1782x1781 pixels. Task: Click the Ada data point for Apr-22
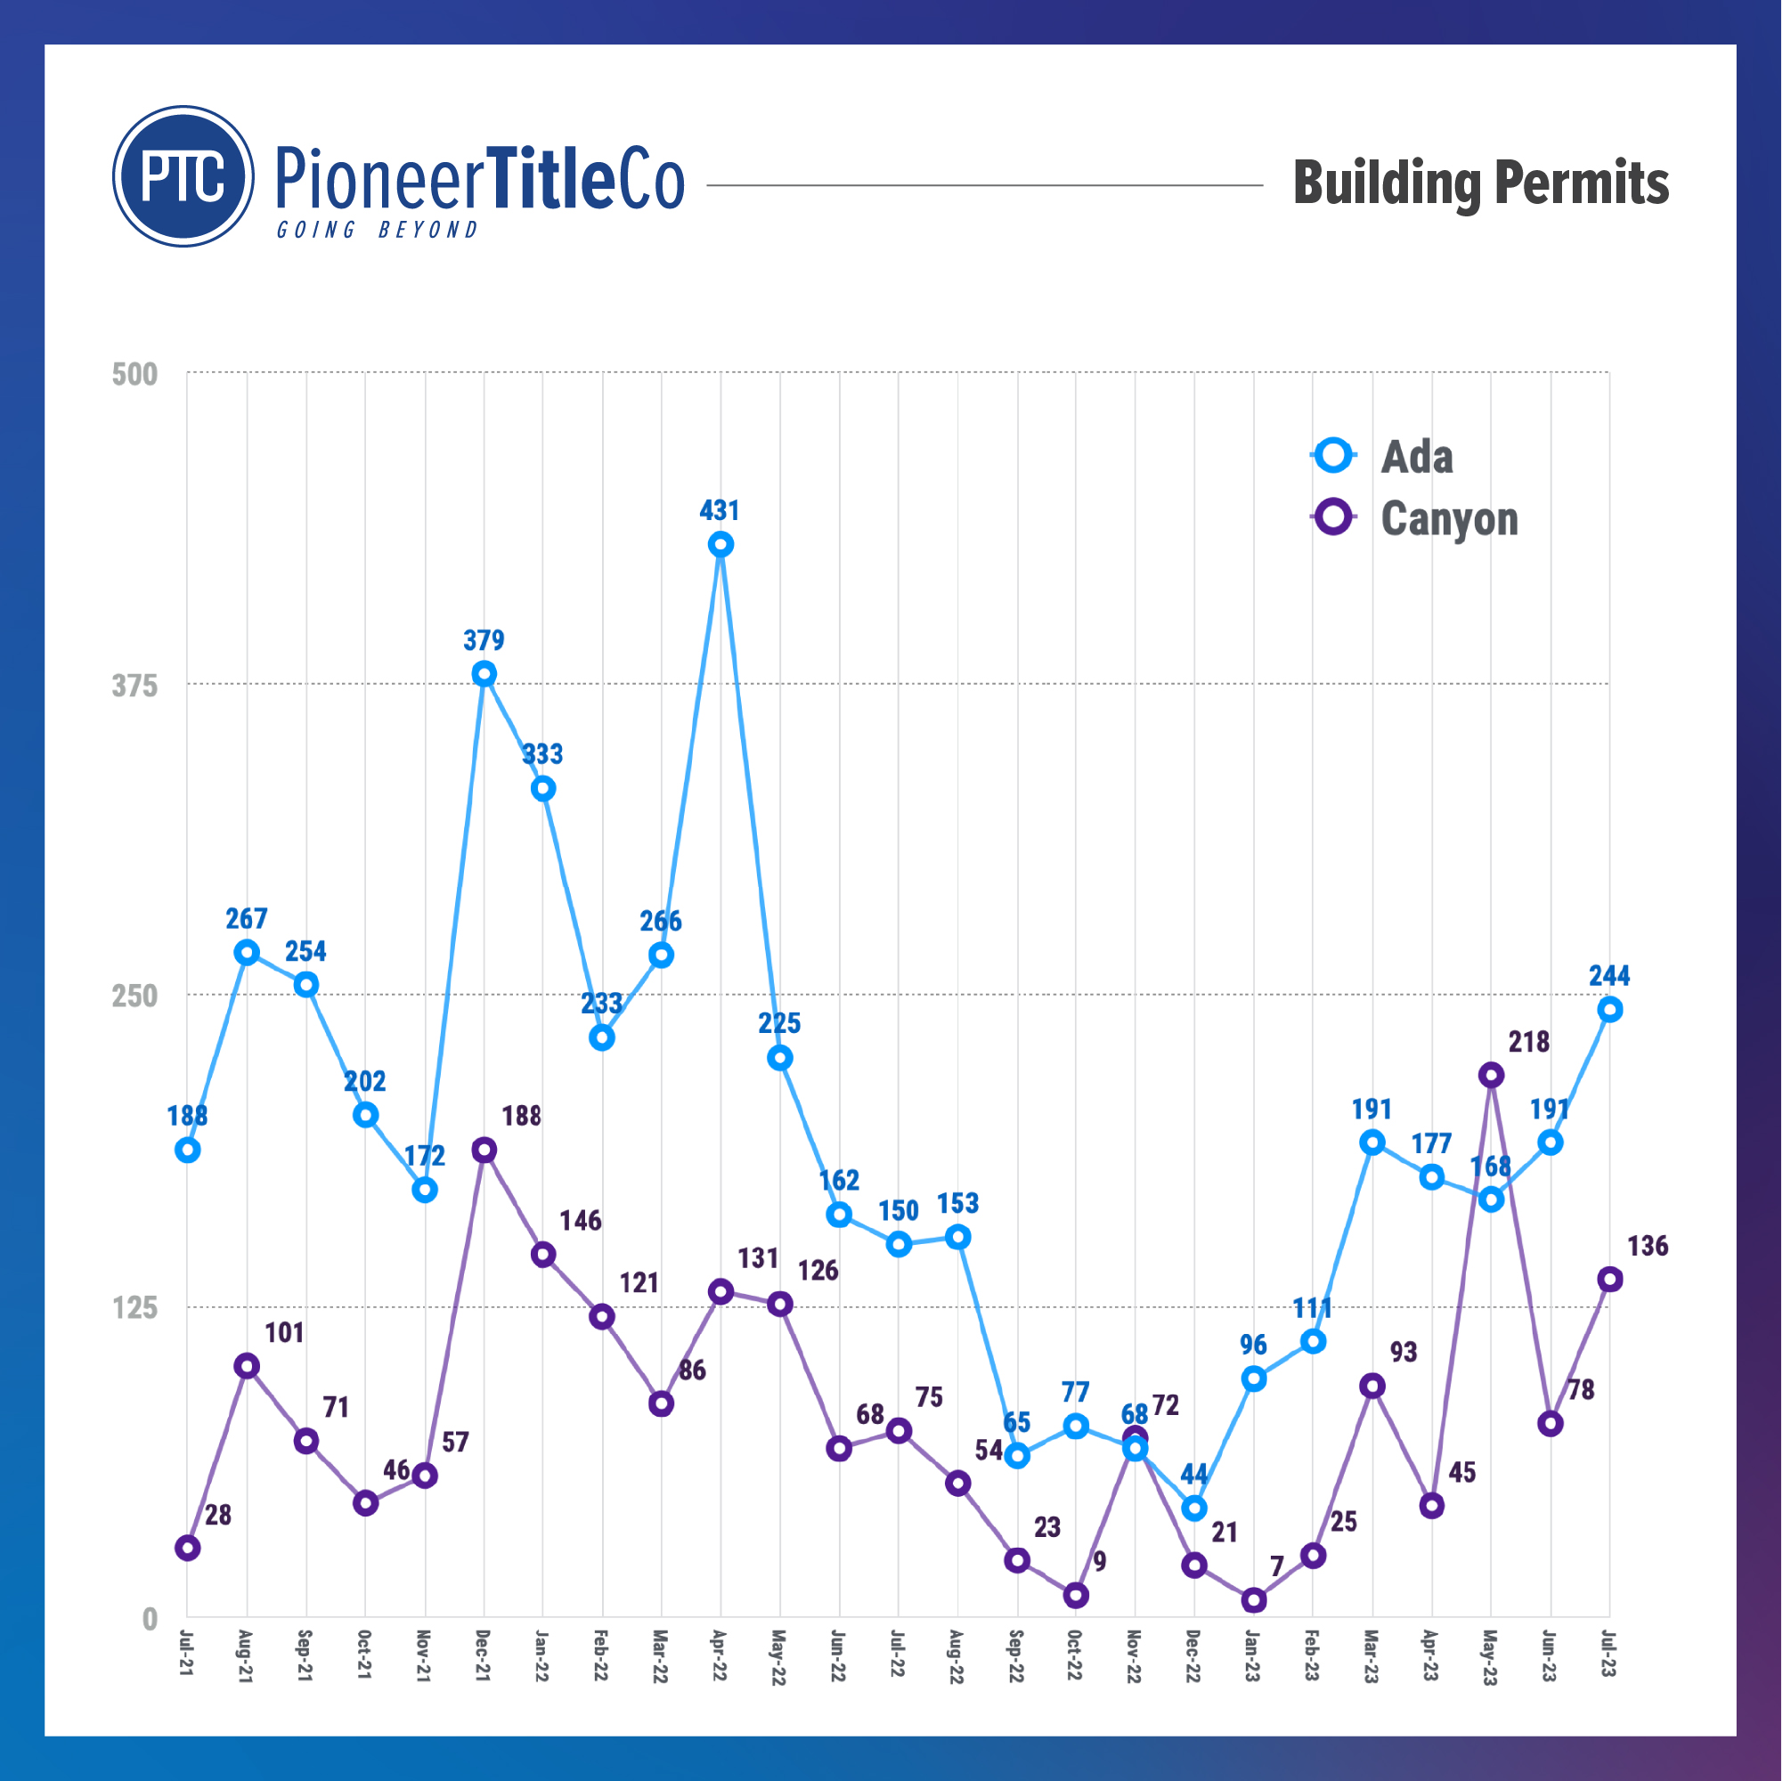tap(720, 544)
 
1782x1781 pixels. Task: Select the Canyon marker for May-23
tap(1491, 1075)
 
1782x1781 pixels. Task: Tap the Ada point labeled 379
tap(484, 673)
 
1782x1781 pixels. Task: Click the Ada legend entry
tap(1384, 457)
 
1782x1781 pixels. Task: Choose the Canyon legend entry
tap(1416, 518)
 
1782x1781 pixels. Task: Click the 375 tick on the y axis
tap(134, 686)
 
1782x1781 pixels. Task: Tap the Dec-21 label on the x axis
tap(483, 1655)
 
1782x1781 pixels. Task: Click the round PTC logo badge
tap(183, 176)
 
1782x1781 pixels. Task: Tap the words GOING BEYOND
tap(378, 230)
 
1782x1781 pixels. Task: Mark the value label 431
tap(720, 510)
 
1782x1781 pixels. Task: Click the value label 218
tap(1528, 1041)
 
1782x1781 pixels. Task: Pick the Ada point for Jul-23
tap(1609, 1009)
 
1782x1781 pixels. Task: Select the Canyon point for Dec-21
tap(484, 1150)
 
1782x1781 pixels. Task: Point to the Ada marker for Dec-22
tap(1193, 1507)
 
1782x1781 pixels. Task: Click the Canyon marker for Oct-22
tap(1076, 1595)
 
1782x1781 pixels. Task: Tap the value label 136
tap(1648, 1246)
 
